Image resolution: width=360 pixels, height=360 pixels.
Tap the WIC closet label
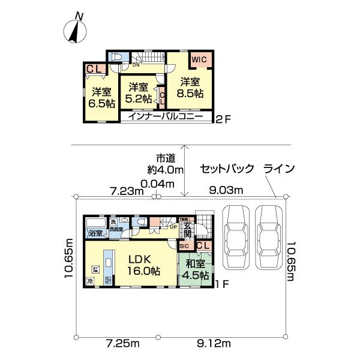(x=199, y=60)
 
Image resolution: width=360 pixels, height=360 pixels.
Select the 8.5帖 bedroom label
(x=190, y=88)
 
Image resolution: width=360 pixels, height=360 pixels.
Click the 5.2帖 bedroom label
(x=139, y=92)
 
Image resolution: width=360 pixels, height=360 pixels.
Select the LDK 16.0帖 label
(x=142, y=265)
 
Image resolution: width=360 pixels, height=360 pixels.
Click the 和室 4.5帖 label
(x=196, y=270)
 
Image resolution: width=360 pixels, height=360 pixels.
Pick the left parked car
(x=236, y=239)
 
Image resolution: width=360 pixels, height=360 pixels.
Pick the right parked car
(x=269, y=239)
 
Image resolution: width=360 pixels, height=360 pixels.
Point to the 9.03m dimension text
(x=226, y=191)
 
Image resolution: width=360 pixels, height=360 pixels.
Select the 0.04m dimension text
(x=157, y=183)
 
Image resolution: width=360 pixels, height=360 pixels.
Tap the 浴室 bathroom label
(x=96, y=233)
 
